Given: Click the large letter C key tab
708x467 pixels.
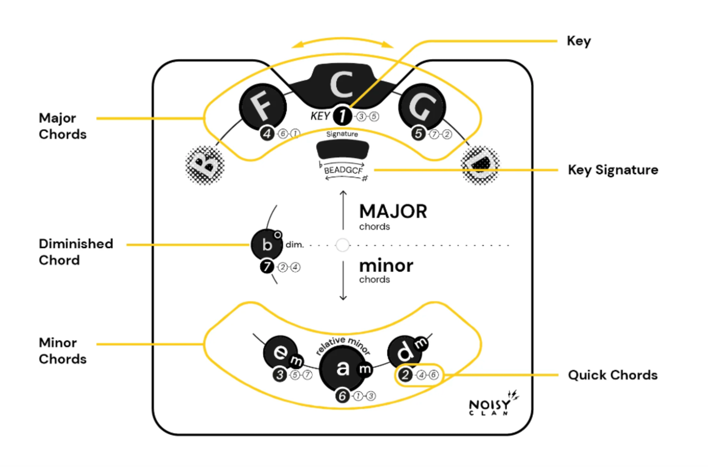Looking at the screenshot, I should (342, 84).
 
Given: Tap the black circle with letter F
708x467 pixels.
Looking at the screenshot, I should (262, 107).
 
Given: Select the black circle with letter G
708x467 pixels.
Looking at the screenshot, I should (422, 107).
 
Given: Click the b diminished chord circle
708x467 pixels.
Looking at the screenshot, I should (267, 244).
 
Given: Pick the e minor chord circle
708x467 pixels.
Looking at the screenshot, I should (281, 352).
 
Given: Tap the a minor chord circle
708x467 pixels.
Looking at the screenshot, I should (342, 368).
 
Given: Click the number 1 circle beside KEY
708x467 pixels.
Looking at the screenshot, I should (342, 116).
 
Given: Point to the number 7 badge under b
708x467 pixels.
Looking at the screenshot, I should (267, 267).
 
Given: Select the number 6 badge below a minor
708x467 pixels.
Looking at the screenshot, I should (342, 395).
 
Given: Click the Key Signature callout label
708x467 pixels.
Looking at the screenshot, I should (613, 170).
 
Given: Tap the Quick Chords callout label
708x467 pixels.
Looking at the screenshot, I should (613, 375).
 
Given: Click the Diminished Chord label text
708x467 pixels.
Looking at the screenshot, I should (76, 252).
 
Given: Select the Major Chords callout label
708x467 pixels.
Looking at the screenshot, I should (62, 126).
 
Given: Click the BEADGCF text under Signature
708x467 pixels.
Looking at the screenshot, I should (343, 170).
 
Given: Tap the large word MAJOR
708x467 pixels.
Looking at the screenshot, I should (393, 211).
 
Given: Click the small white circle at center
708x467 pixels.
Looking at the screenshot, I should (342, 245).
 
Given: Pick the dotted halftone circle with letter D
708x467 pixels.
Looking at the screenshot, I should (480, 165).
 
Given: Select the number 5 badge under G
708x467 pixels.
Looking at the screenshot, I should (418, 133).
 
